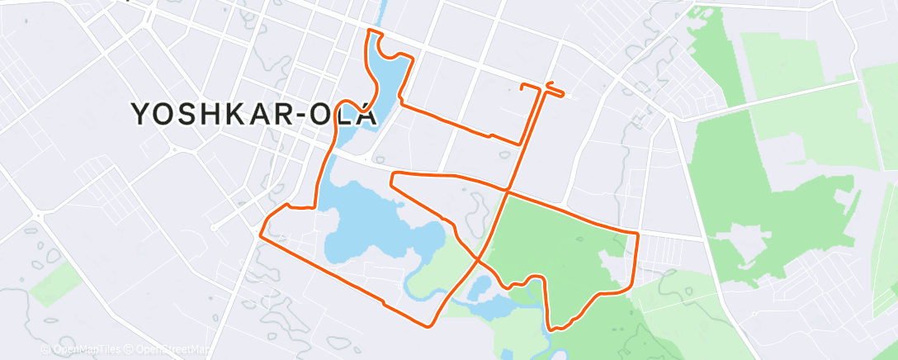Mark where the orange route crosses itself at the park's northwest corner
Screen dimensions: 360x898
pos(506,192)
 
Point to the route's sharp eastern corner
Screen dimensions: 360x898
pos(638,235)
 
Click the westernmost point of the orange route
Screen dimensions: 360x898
pos(261,235)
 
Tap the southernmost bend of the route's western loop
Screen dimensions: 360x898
pos(435,322)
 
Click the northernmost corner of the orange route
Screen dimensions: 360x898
pos(369,31)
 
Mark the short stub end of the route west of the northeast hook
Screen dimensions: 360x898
pos(522,86)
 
